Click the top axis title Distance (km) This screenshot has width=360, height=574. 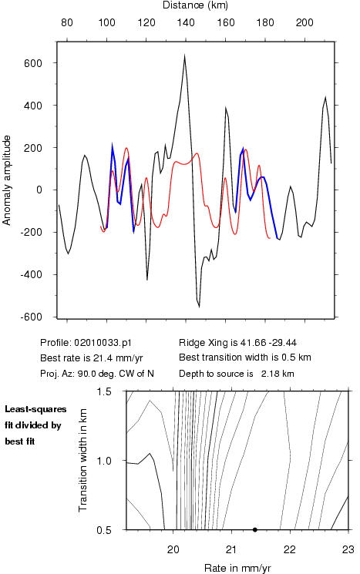click(x=195, y=5)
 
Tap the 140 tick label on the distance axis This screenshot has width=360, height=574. click(x=186, y=22)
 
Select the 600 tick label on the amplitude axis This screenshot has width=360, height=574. click(x=33, y=63)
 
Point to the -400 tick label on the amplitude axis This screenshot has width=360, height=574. click(x=31, y=274)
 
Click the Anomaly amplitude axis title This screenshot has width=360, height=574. click(x=7, y=180)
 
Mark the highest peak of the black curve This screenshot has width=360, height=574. click(x=184, y=55)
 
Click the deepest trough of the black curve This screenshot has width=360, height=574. click(x=199, y=307)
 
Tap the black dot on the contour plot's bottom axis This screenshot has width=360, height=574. click(x=255, y=529)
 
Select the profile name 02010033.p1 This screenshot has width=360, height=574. click(x=103, y=343)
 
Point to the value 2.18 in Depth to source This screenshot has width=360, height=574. click(x=268, y=374)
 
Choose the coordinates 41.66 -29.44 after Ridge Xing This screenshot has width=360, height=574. click(x=268, y=343)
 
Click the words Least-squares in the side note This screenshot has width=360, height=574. click(x=35, y=409)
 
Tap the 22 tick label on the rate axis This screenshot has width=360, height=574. click(x=289, y=549)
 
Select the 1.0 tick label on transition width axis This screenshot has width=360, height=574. click(x=104, y=461)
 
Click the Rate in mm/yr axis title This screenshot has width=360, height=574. click(x=237, y=568)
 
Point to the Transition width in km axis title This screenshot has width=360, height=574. click(x=82, y=460)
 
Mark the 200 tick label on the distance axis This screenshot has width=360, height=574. click(x=304, y=22)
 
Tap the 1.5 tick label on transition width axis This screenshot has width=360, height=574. click(x=104, y=391)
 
